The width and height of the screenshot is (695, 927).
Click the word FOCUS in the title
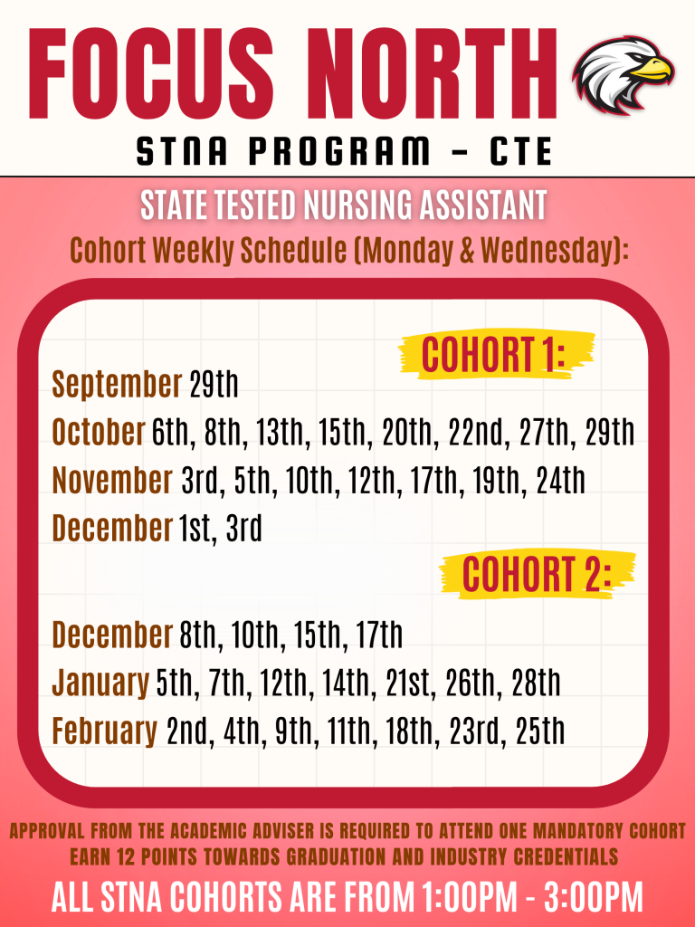(151, 73)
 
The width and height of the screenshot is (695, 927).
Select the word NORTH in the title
(431, 73)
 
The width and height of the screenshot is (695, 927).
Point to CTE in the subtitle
(520, 151)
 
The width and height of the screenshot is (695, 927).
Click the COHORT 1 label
(493, 355)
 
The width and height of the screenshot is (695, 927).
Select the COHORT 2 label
(536, 574)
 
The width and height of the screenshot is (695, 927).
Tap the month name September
(117, 384)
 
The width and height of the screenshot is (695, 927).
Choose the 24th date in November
(561, 480)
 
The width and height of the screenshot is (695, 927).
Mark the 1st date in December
(195, 528)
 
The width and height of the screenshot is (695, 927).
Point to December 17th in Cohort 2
(379, 635)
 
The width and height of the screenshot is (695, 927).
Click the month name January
(100, 683)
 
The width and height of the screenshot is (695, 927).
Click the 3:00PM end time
(594, 897)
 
